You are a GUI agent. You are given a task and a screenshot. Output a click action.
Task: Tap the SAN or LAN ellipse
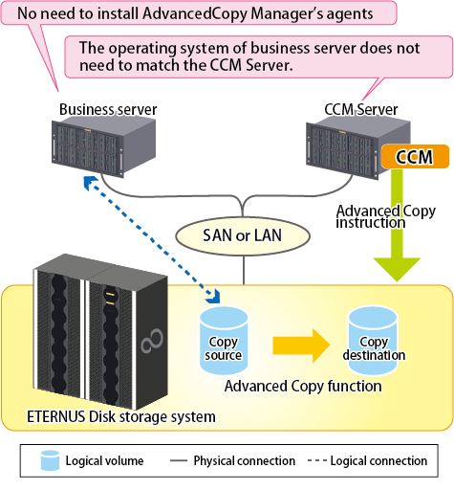(243, 235)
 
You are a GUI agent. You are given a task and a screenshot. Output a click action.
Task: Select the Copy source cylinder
(224, 340)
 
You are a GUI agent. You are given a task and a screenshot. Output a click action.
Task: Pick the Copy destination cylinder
(373, 340)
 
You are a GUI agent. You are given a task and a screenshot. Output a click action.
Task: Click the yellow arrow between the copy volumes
(301, 345)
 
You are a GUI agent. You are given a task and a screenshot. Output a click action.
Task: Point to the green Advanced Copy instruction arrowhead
(397, 269)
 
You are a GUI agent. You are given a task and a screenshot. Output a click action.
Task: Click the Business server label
(108, 109)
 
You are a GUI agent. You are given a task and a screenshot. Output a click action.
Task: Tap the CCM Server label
(361, 109)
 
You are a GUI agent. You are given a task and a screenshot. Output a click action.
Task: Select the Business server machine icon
(103, 145)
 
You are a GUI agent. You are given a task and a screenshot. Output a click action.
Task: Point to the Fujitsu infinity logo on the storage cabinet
(152, 341)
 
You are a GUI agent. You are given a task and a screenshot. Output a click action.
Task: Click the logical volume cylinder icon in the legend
(50, 460)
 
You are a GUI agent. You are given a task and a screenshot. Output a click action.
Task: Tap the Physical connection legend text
(245, 460)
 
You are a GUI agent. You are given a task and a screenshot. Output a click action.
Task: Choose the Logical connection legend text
(378, 460)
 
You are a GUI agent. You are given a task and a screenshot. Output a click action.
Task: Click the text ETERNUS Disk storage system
(121, 417)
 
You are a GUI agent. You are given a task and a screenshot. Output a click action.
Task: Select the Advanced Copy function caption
(303, 386)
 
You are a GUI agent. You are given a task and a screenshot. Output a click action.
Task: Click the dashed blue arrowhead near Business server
(90, 182)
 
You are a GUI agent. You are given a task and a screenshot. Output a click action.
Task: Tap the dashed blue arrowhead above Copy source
(213, 296)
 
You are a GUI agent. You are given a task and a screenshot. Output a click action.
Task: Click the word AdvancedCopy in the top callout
(195, 13)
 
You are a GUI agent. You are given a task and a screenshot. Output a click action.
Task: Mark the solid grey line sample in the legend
(179, 460)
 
